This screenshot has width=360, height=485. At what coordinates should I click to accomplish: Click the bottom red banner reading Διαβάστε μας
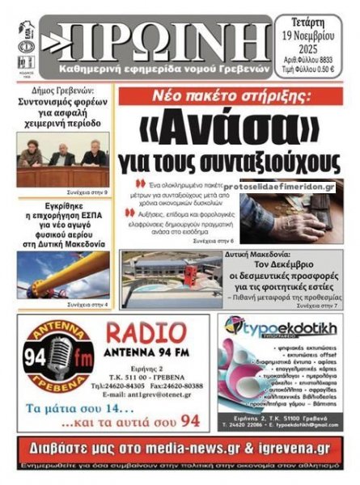(x=180, y=447)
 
